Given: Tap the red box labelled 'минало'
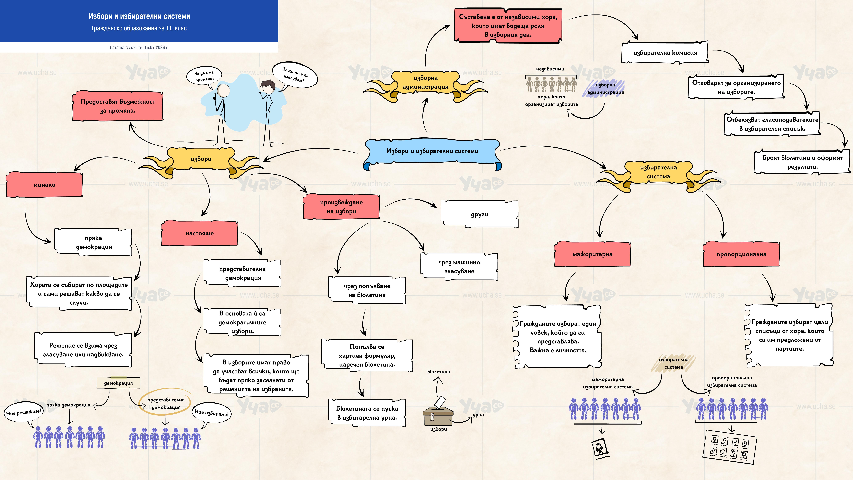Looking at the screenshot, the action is [x=44, y=185].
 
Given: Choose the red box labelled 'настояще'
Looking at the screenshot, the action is [x=200, y=233].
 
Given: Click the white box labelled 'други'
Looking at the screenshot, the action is [x=479, y=214].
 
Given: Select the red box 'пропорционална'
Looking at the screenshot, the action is [x=741, y=254].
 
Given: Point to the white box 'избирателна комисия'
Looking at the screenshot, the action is [x=665, y=52].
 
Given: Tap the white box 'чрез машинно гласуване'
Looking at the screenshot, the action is [x=459, y=267].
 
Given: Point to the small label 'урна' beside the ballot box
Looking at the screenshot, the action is [x=478, y=415].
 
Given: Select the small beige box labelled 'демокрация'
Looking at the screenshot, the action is [x=118, y=383].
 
